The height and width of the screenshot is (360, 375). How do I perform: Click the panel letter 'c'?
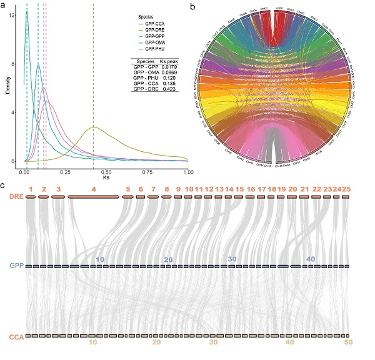[x=4, y=186]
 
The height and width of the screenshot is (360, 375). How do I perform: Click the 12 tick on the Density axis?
[x=13, y=15]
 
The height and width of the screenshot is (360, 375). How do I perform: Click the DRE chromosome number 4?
[x=94, y=188]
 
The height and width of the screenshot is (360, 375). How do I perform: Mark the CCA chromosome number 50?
[x=348, y=342]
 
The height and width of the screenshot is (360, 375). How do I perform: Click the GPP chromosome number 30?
[x=232, y=259]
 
